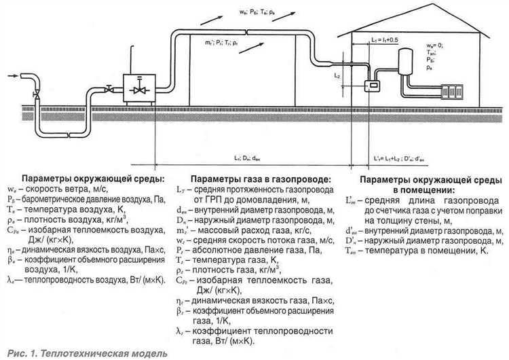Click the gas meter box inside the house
(x=372, y=87)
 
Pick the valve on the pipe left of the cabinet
(x=108, y=86)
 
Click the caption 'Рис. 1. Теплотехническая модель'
(x=84, y=354)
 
